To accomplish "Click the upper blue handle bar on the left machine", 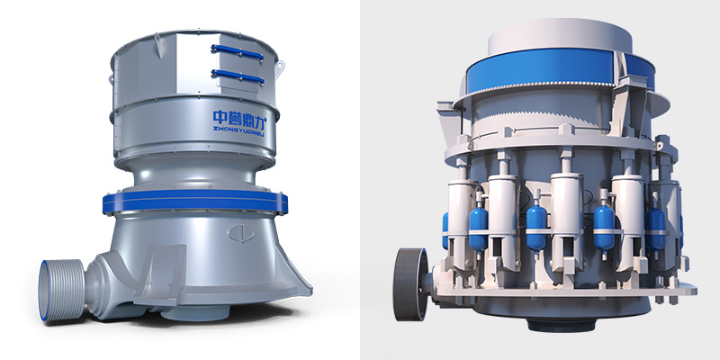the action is pyautogui.click(x=237, y=52).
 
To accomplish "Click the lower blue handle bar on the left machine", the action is pyautogui.click(x=238, y=76).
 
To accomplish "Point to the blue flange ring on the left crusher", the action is pyautogui.click(x=195, y=202).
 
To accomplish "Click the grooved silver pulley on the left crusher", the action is pyautogui.click(x=61, y=290).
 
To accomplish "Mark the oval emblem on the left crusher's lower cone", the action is pyautogui.click(x=240, y=233).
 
